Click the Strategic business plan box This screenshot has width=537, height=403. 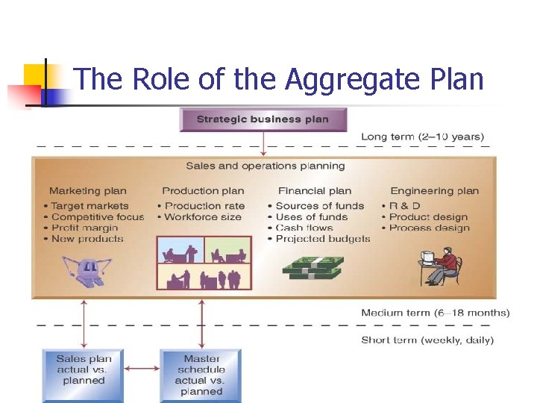tap(263, 119)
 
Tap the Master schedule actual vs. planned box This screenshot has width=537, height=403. tap(201, 375)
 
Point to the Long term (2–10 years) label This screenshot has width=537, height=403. tap(422, 137)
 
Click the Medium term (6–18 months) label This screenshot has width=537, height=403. tap(435, 313)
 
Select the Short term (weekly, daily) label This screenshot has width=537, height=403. tap(427, 340)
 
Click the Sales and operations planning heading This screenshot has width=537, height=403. tap(265, 166)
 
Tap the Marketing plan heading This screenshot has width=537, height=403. tap(88, 191)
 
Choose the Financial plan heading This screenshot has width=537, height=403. tap(314, 191)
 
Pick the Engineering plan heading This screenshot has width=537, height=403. tap(434, 191)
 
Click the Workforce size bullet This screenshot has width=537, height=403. tap(203, 217)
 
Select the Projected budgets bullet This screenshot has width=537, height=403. tap(322, 239)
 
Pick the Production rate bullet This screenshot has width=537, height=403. tap(204, 206)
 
